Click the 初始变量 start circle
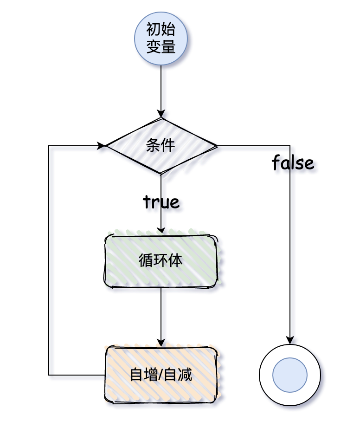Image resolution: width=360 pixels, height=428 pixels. (161, 39)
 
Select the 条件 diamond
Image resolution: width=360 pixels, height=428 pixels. (161, 146)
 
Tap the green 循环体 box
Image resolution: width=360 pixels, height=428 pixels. (161, 261)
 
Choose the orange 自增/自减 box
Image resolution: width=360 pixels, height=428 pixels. (161, 375)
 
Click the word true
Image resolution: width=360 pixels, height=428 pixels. (161, 202)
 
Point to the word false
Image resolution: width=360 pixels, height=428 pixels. (293, 163)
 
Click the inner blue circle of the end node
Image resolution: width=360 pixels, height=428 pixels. (290, 375)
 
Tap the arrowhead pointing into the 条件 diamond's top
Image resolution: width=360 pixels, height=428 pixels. (161, 114)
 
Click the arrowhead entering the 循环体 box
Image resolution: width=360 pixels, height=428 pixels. (161, 230)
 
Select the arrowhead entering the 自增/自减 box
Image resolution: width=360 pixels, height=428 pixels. (161, 343)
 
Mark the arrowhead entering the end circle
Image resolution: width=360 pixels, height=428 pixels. (290, 341)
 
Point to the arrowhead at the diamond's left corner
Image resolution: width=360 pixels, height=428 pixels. (102, 146)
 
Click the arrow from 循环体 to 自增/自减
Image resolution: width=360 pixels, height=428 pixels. (161, 316)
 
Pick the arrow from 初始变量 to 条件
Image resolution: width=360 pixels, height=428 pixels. (161, 91)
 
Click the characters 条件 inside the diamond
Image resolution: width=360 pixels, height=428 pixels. (161, 146)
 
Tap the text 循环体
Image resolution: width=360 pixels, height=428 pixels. (161, 261)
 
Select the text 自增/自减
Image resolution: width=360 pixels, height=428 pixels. (161, 375)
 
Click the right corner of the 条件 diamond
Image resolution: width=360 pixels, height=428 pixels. (217, 146)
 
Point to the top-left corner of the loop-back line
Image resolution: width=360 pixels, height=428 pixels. (49, 146)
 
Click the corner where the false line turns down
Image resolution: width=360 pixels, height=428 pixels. (290, 146)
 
